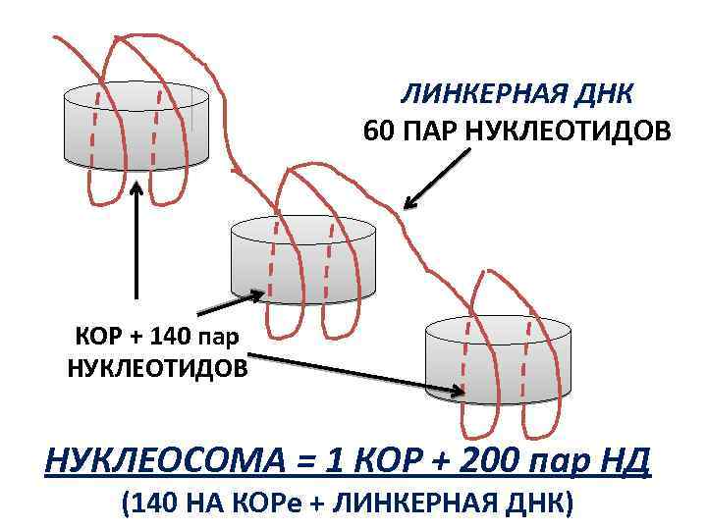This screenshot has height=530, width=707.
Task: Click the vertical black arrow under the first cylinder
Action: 136,240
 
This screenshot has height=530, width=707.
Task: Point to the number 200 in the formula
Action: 491,458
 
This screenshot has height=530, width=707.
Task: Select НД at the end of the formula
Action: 625,458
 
